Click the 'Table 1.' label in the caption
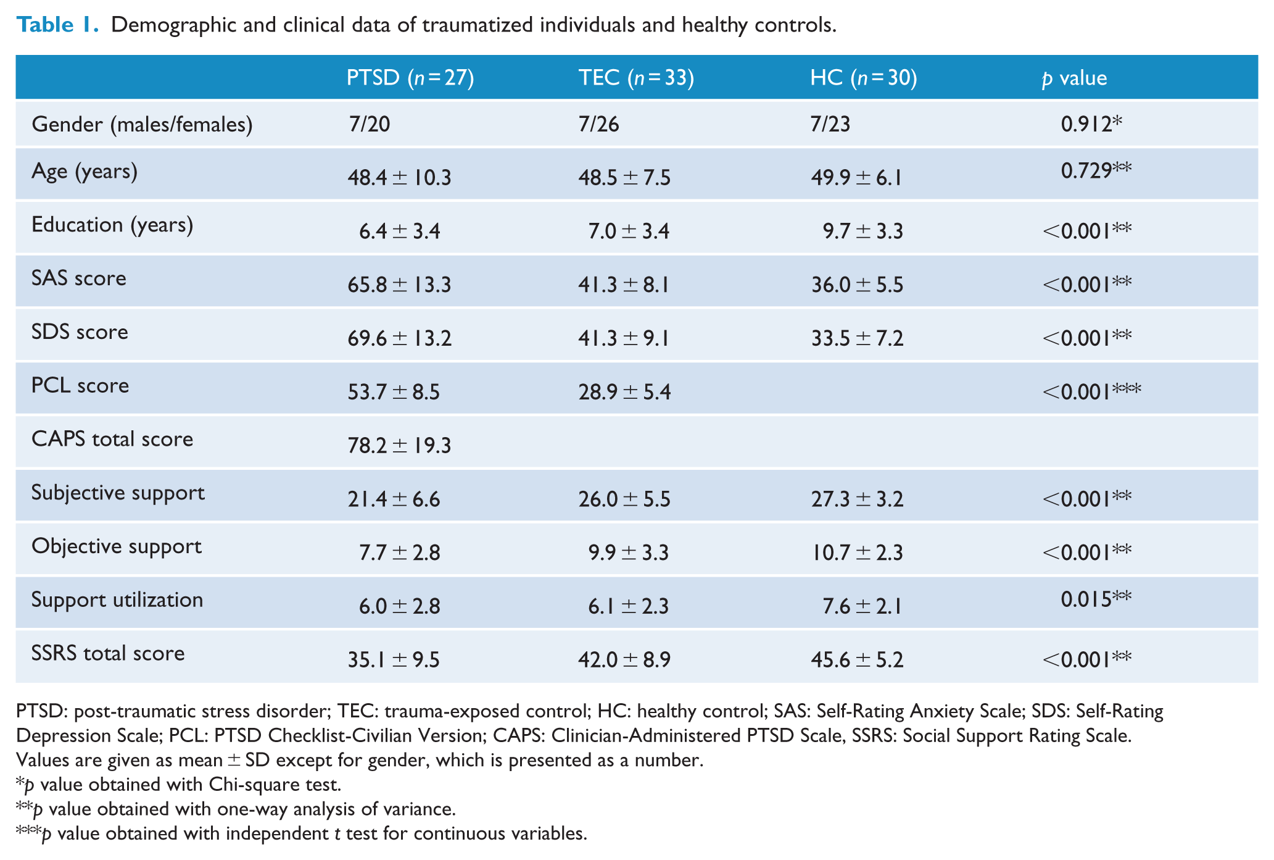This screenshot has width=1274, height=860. (57, 25)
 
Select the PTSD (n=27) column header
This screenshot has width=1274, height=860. (410, 78)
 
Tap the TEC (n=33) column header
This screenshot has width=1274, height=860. (636, 78)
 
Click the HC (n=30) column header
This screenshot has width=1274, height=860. (864, 78)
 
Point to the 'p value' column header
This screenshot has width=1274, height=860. (1074, 78)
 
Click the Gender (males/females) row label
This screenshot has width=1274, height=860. (142, 125)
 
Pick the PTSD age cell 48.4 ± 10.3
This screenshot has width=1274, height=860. (399, 178)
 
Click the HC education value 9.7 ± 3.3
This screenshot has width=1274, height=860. (862, 232)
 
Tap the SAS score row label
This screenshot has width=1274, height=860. (79, 278)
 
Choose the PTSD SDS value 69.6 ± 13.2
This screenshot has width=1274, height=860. (399, 338)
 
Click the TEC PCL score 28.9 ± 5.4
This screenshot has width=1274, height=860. (624, 392)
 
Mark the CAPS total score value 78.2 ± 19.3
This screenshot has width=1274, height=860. (399, 445)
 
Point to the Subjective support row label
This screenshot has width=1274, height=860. (118, 493)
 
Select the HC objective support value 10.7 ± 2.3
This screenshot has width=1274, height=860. (857, 553)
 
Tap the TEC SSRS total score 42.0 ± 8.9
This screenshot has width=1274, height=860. (624, 660)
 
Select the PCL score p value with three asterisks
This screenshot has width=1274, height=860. (1091, 391)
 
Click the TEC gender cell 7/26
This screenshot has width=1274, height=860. (598, 124)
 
